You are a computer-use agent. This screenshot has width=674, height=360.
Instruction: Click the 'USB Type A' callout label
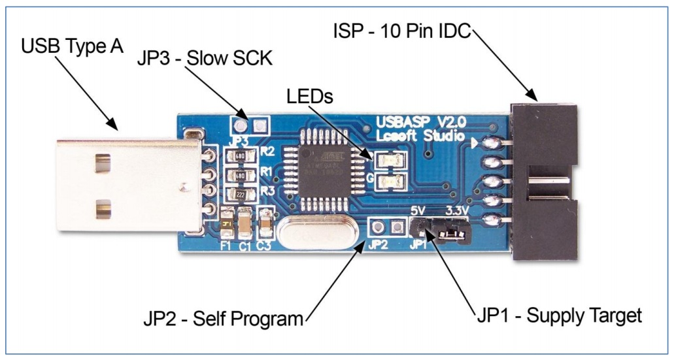(x=72, y=48)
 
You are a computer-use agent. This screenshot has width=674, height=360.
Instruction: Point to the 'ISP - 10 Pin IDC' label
(x=401, y=31)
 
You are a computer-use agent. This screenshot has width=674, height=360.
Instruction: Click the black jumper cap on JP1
(x=452, y=231)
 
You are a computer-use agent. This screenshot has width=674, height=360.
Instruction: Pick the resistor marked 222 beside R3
(x=239, y=194)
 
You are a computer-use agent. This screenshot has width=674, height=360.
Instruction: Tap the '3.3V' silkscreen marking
(x=457, y=212)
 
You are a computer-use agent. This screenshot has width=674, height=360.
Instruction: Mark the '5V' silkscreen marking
(x=419, y=212)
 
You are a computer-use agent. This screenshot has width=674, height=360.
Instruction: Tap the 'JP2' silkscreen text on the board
(x=379, y=246)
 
